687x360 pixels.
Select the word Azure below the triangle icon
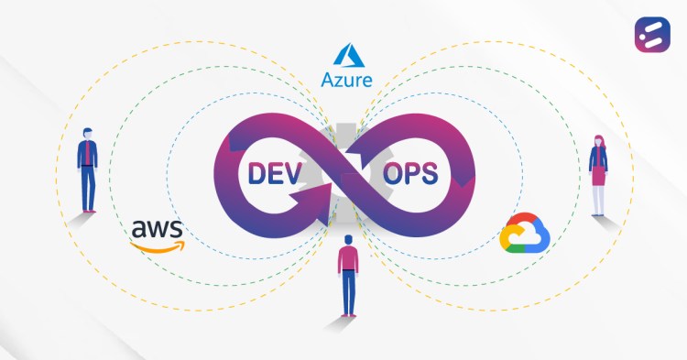345,79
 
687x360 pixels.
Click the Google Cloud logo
523,234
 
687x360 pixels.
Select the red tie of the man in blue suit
88,153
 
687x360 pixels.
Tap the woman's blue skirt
598,180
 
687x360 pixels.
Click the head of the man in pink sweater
347,242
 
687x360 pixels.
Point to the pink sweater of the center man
347,261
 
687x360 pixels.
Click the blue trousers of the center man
347,293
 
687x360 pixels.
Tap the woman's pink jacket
598,159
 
